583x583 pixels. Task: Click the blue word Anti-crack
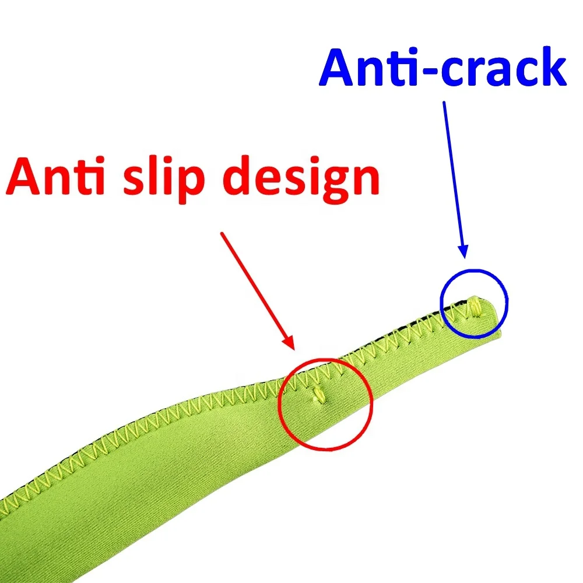point(443,68)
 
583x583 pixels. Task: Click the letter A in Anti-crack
point(341,68)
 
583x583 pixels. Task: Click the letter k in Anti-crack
point(551,68)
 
